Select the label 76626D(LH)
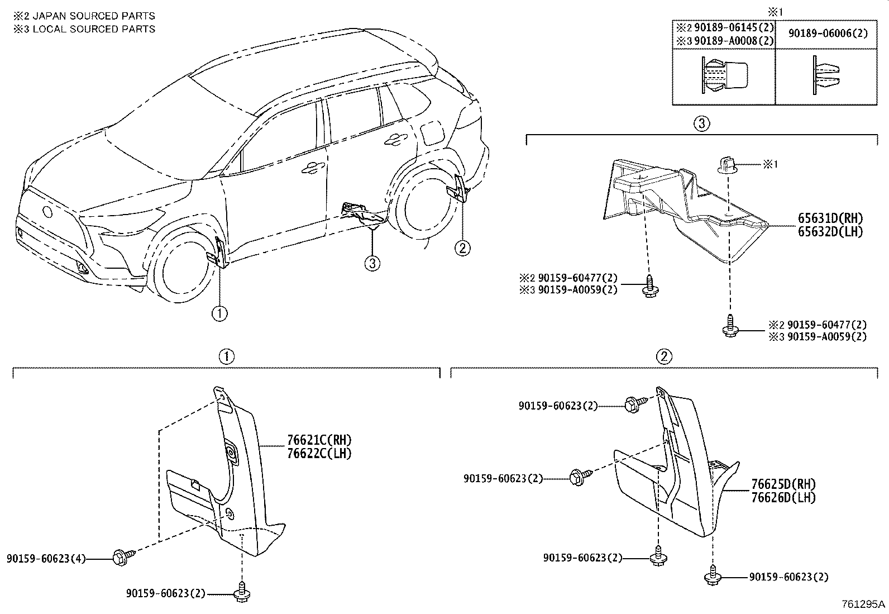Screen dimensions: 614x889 tap(783, 497)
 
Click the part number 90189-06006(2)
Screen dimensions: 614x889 tap(828, 34)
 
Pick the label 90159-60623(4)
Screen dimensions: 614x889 tap(46, 558)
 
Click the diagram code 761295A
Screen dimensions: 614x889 tap(864, 605)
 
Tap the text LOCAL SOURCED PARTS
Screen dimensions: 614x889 tap(94, 29)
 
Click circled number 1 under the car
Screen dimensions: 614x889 tap(219, 314)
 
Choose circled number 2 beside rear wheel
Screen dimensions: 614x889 tap(462, 247)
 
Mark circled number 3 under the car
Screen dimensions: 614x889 tap(372, 263)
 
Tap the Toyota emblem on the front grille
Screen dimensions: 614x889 tap(47, 212)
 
